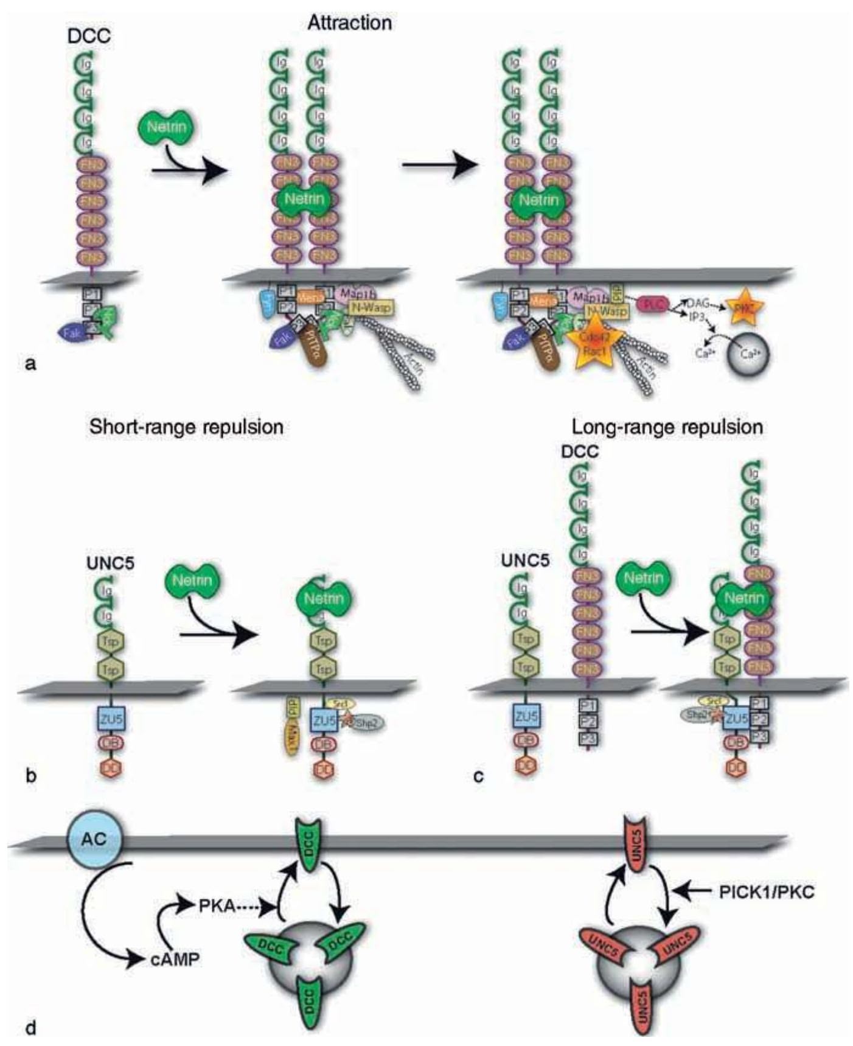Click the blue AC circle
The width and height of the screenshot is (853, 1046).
tap(94, 839)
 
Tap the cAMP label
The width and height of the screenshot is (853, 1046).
tap(174, 959)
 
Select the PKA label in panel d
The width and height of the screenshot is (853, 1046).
tap(217, 905)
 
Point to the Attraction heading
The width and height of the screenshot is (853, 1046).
tap(349, 23)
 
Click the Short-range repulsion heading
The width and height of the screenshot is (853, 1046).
tap(186, 427)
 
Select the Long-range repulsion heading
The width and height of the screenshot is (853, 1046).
tap(667, 427)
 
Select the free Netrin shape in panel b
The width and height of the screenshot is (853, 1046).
tap(192, 579)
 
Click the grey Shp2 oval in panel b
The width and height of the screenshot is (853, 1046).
tap(367, 722)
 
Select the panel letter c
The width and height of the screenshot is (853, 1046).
tap(479, 776)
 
